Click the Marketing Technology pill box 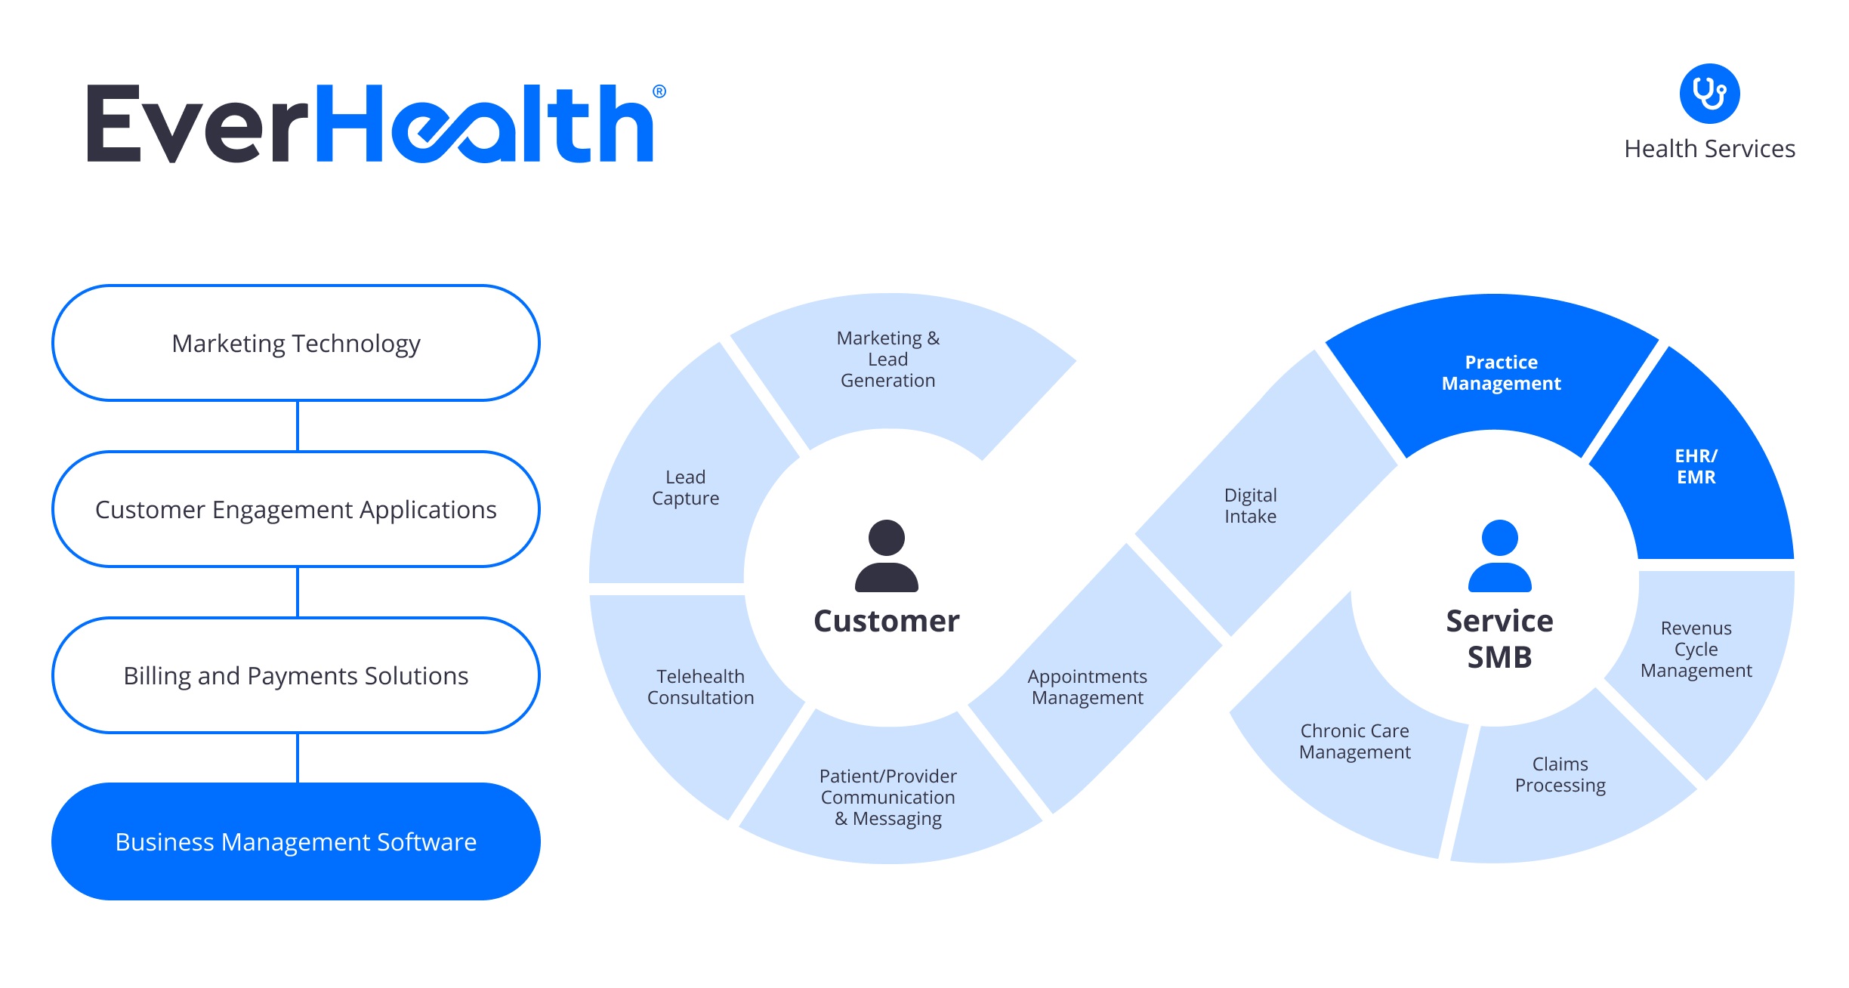[x=296, y=344]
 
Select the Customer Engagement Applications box [x=296, y=510]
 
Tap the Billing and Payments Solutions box [x=296, y=676]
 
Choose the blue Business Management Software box [x=296, y=841]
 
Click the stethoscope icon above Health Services [x=1709, y=94]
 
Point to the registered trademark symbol [x=659, y=91]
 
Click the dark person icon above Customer [x=887, y=556]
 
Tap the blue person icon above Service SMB [x=1499, y=556]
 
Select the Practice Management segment [x=1500, y=373]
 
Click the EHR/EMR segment [x=1696, y=467]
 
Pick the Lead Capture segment [x=685, y=488]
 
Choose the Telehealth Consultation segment [x=700, y=687]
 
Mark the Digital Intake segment [x=1251, y=506]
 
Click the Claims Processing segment [x=1560, y=775]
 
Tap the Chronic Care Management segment [x=1354, y=742]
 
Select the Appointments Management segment [x=1088, y=687]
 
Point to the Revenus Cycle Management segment [x=1696, y=650]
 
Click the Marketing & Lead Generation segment [x=888, y=360]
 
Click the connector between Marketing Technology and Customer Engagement [x=298, y=426]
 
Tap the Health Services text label [x=1709, y=149]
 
